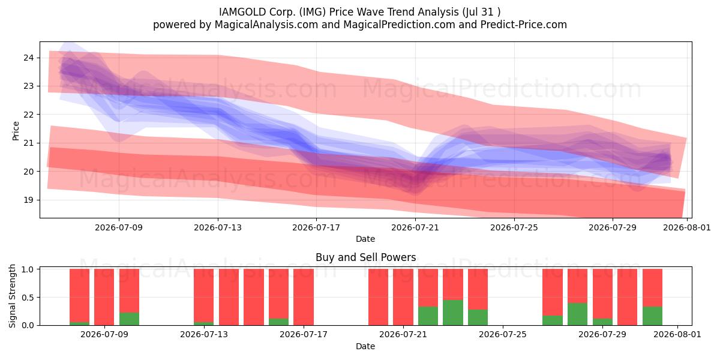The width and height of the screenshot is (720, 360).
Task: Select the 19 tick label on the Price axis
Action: click(x=28, y=200)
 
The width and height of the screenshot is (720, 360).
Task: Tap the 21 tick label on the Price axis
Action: click(x=28, y=143)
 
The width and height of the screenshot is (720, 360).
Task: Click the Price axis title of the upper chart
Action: click(x=16, y=131)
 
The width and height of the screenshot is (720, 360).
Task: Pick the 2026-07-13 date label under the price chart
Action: click(x=218, y=227)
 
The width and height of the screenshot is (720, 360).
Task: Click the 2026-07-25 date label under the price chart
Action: click(x=514, y=227)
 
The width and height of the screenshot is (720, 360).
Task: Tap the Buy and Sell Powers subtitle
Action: click(x=366, y=257)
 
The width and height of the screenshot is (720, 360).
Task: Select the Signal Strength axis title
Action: click(x=12, y=296)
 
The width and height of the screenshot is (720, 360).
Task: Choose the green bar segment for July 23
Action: click(x=453, y=313)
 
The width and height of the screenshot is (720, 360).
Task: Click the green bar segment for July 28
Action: click(x=577, y=314)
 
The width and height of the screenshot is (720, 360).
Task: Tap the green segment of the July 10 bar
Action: click(x=129, y=319)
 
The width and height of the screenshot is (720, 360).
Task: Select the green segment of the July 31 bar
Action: click(x=653, y=316)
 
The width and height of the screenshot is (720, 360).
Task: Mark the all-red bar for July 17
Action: click(x=304, y=297)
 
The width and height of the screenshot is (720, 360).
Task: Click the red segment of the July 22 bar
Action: click(x=428, y=287)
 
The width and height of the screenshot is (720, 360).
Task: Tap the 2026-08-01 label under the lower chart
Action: click(x=677, y=335)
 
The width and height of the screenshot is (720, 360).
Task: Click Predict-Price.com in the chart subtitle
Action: click(x=524, y=25)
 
